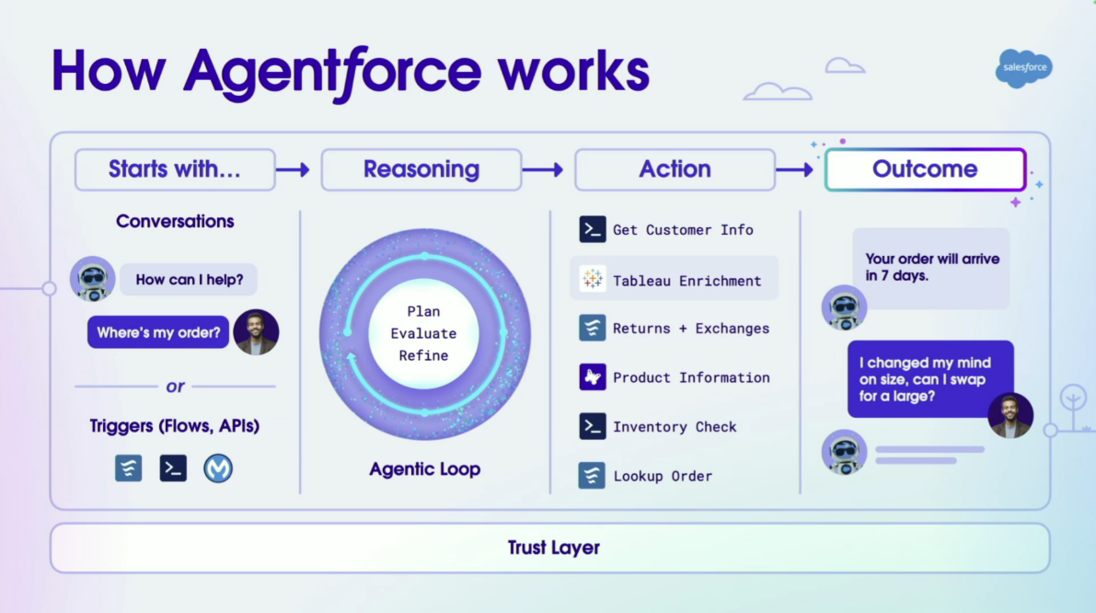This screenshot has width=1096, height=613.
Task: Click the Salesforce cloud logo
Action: tap(1023, 69)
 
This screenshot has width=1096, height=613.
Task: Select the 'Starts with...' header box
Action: tap(175, 169)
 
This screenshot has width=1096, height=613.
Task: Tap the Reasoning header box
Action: tap(421, 169)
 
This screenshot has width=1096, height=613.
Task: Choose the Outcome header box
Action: tap(925, 169)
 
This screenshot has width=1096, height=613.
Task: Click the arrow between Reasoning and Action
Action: tap(543, 169)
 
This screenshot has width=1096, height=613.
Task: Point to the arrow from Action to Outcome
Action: tap(794, 169)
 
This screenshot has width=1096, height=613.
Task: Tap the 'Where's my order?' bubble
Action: tap(158, 332)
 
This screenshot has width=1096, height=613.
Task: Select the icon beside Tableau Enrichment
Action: tap(593, 280)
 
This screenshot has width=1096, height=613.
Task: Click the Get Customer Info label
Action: tap(683, 230)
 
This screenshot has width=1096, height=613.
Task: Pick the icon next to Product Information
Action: tap(593, 377)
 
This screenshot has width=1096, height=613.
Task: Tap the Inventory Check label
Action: tap(675, 427)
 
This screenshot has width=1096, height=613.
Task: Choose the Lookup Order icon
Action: tap(593, 476)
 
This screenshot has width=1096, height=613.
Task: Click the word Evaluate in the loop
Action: tap(423, 333)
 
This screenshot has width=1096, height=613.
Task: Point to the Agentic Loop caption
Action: tap(425, 469)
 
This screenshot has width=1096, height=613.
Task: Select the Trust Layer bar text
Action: tap(554, 549)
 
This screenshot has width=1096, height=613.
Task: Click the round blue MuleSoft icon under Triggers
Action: tap(218, 468)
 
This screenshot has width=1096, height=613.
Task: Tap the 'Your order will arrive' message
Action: tap(931, 267)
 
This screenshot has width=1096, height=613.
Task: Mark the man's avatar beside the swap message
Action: tap(1010, 416)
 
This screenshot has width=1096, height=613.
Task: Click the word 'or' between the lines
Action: tap(175, 387)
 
